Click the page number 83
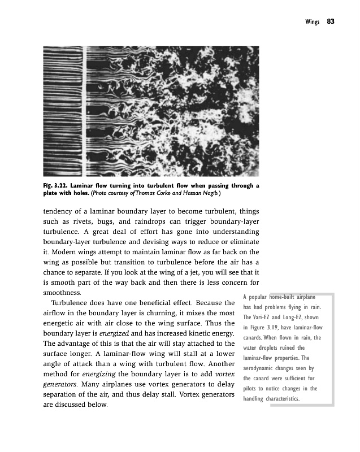tap(331, 21)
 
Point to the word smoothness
tap(62, 293)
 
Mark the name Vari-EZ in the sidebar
tap(270, 318)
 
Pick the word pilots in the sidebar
tap(253, 389)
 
